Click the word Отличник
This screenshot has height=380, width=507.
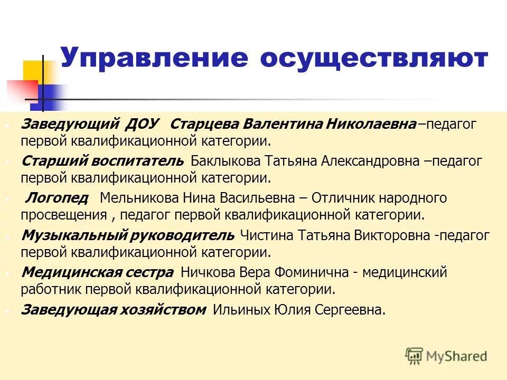click(344, 198)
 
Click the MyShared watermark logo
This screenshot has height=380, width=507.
click(446, 356)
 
